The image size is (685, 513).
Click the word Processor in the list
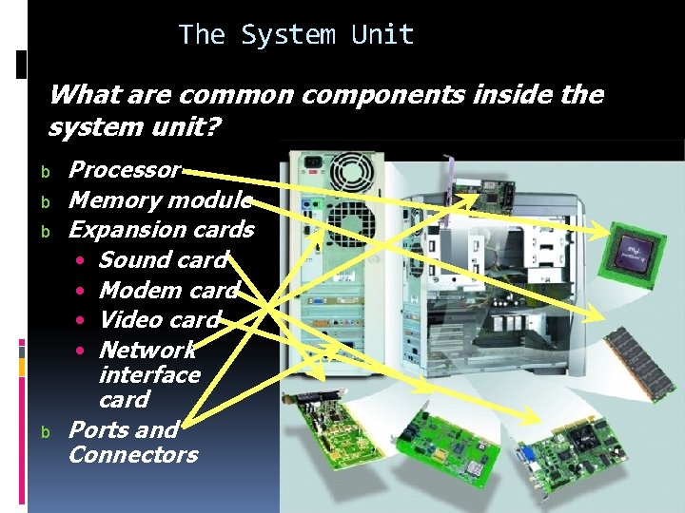pyautogui.click(x=125, y=170)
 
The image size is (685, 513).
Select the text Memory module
pyautogui.click(x=161, y=199)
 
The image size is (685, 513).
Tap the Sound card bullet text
pyautogui.click(x=163, y=259)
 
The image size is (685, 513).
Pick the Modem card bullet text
pyautogui.click(x=168, y=290)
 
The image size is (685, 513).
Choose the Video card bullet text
pyautogui.click(x=159, y=319)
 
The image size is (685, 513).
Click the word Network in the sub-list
pyautogui.click(x=147, y=350)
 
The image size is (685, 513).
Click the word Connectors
pyautogui.click(x=133, y=454)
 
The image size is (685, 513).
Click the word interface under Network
pyautogui.click(x=149, y=374)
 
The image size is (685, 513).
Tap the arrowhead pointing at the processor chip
pyautogui.click(x=600, y=231)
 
